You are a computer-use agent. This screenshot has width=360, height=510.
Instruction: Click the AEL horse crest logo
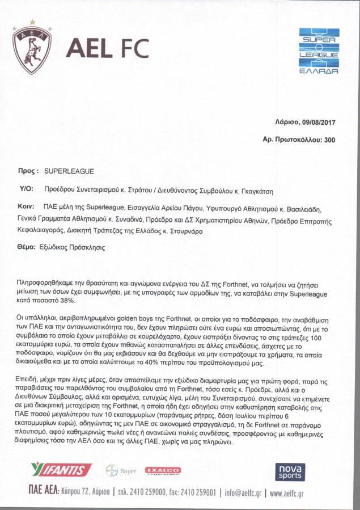pos(32,48)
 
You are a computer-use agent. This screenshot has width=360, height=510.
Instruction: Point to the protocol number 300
pos(329,139)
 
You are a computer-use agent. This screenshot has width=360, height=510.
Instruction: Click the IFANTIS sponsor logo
pos(62,470)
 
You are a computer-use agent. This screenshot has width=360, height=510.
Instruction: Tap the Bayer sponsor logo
pos(121,470)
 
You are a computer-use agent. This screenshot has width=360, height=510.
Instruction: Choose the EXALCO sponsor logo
pos(163,470)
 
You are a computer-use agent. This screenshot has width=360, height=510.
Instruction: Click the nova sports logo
pos(290,471)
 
